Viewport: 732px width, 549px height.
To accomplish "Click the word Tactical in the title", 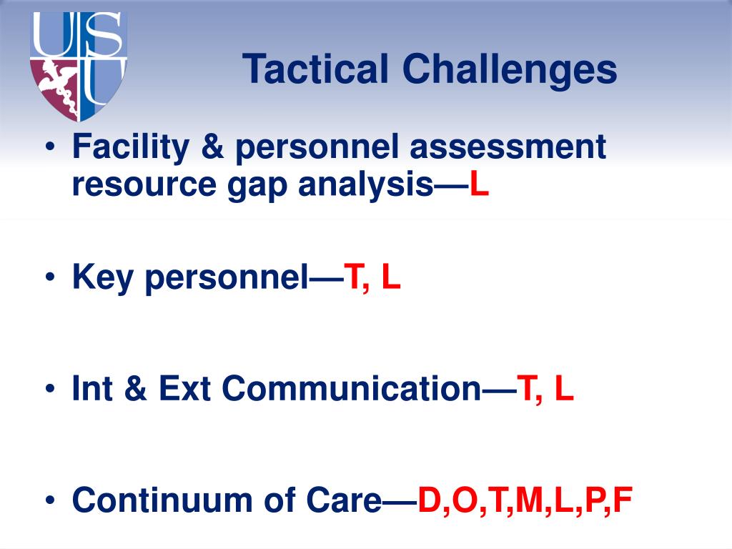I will coord(316,70).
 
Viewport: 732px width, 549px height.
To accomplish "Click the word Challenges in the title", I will coord(509,70).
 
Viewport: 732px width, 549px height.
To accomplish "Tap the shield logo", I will coord(79,66).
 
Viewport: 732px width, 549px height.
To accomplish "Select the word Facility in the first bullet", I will coord(130,148).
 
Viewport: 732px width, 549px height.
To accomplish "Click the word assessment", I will coord(508,148).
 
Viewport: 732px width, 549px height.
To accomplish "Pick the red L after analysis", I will coord(480,185).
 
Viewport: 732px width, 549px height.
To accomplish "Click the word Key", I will coord(105,277).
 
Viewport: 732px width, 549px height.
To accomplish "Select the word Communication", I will coord(351,389).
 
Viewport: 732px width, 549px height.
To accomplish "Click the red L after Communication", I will coord(564,389).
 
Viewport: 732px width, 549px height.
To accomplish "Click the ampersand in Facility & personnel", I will coord(212,148).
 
